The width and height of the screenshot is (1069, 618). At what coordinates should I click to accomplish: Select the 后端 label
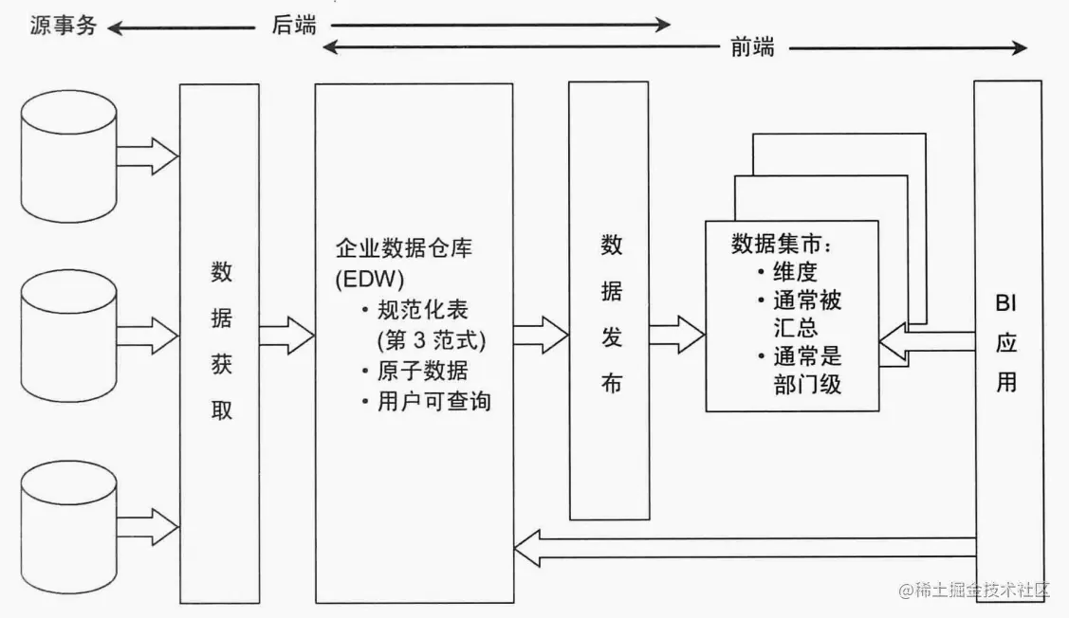click(x=293, y=27)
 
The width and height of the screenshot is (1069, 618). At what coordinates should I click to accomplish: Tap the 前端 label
click(x=751, y=47)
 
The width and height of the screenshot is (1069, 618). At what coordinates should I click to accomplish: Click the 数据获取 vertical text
click(x=221, y=341)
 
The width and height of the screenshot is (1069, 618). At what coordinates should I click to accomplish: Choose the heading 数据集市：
click(x=782, y=244)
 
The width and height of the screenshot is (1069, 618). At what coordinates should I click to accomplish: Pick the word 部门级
click(x=807, y=385)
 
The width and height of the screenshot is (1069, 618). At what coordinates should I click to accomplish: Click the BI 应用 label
click(x=1006, y=342)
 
